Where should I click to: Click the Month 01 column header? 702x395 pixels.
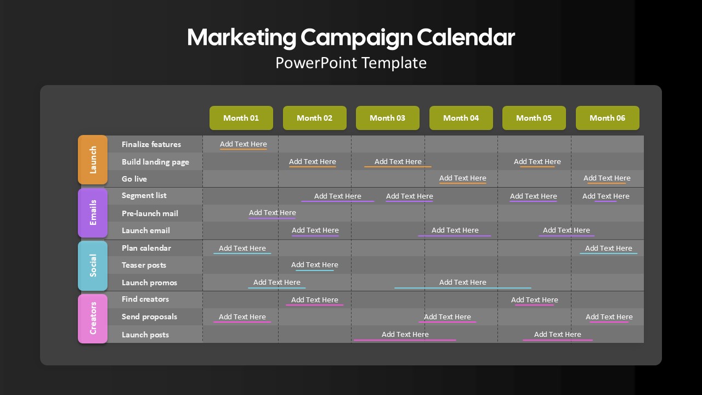tap(241, 118)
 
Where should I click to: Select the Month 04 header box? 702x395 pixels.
tap(461, 118)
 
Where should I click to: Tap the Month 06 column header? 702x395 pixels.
tap(607, 118)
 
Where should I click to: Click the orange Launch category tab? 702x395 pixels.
tap(93, 160)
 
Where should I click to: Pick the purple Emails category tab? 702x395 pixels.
tap(93, 212)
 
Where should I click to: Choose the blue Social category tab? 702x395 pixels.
tap(93, 266)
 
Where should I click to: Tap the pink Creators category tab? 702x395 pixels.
tap(93, 319)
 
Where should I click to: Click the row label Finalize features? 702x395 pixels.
tap(151, 144)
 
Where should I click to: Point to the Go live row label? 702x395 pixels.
tap(134, 179)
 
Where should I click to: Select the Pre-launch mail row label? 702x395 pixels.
tap(150, 213)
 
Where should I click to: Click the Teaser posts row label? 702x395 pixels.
tap(144, 265)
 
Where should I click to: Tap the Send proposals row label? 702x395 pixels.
tap(149, 317)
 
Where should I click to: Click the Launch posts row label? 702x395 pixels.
tap(145, 335)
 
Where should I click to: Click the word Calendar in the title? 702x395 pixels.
tap(466, 37)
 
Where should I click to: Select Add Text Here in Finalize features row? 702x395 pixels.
tap(243, 144)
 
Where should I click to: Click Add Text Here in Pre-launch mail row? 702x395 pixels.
tap(273, 212)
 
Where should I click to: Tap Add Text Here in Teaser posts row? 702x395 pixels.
tap(315, 264)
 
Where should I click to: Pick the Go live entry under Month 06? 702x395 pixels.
tap(607, 178)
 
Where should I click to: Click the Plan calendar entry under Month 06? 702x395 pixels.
tap(609, 248)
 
